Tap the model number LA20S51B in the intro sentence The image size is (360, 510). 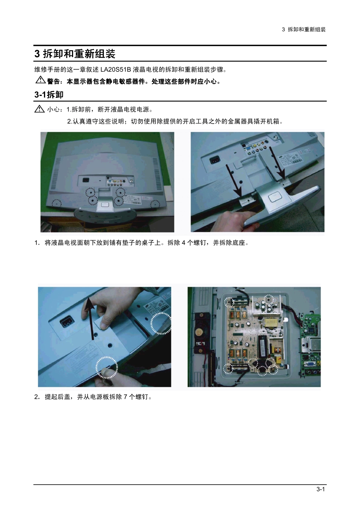click(x=116, y=69)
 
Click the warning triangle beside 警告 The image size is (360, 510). click(x=41, y=80)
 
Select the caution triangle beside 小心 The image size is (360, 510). click(x=39, y=109)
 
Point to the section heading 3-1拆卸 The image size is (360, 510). click(x=49, y=95)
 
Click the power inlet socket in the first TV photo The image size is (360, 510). click(x=86, y=180)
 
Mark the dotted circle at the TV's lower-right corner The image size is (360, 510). click(x=155, y=204)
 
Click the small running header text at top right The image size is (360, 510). click(x=304, y=29)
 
